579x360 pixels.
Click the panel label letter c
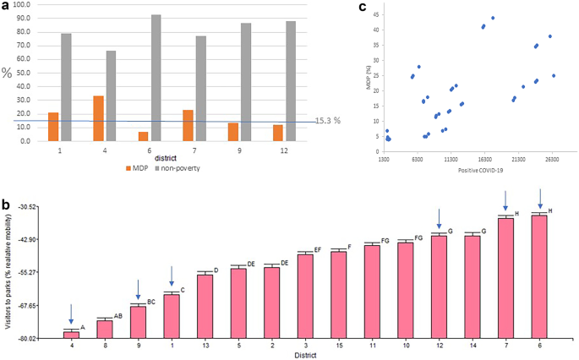pyautogui.click(x=363, y=8)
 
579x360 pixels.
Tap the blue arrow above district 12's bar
pyautogui.click(x=439, y=218)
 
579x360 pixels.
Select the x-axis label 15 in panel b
pyautogui.click(x=338, y=346)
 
